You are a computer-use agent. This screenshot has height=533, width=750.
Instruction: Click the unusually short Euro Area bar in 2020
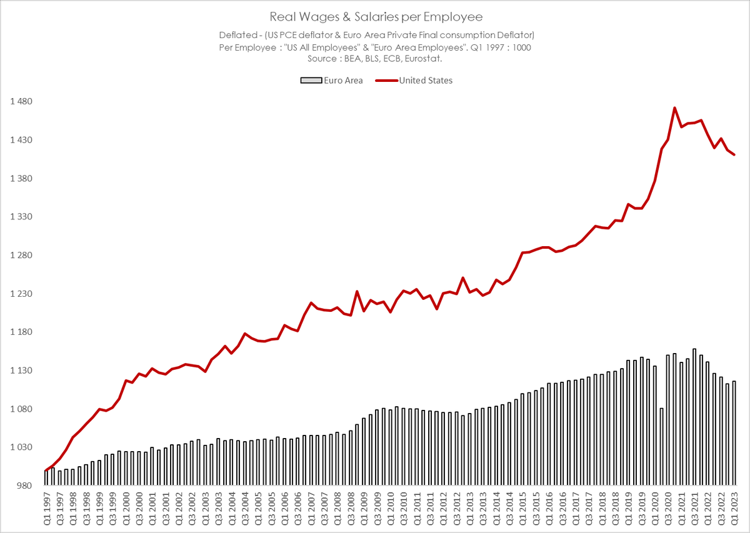pyautogui.click(x=661, y=447)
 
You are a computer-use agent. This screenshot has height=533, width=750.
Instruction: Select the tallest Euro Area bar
pyautogui.click(x=694, y=417)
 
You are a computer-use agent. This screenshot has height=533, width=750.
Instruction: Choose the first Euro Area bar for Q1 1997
pyautogui.click(x=46, y=478)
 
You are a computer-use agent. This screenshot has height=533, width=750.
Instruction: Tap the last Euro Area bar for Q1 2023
pyautogui.click(x=734, y=434)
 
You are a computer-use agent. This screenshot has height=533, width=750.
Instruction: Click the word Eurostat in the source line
pyautogui.click(x=425, y=58)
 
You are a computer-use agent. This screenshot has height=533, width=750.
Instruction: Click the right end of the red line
pyautogui.click(x=734, y=154)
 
